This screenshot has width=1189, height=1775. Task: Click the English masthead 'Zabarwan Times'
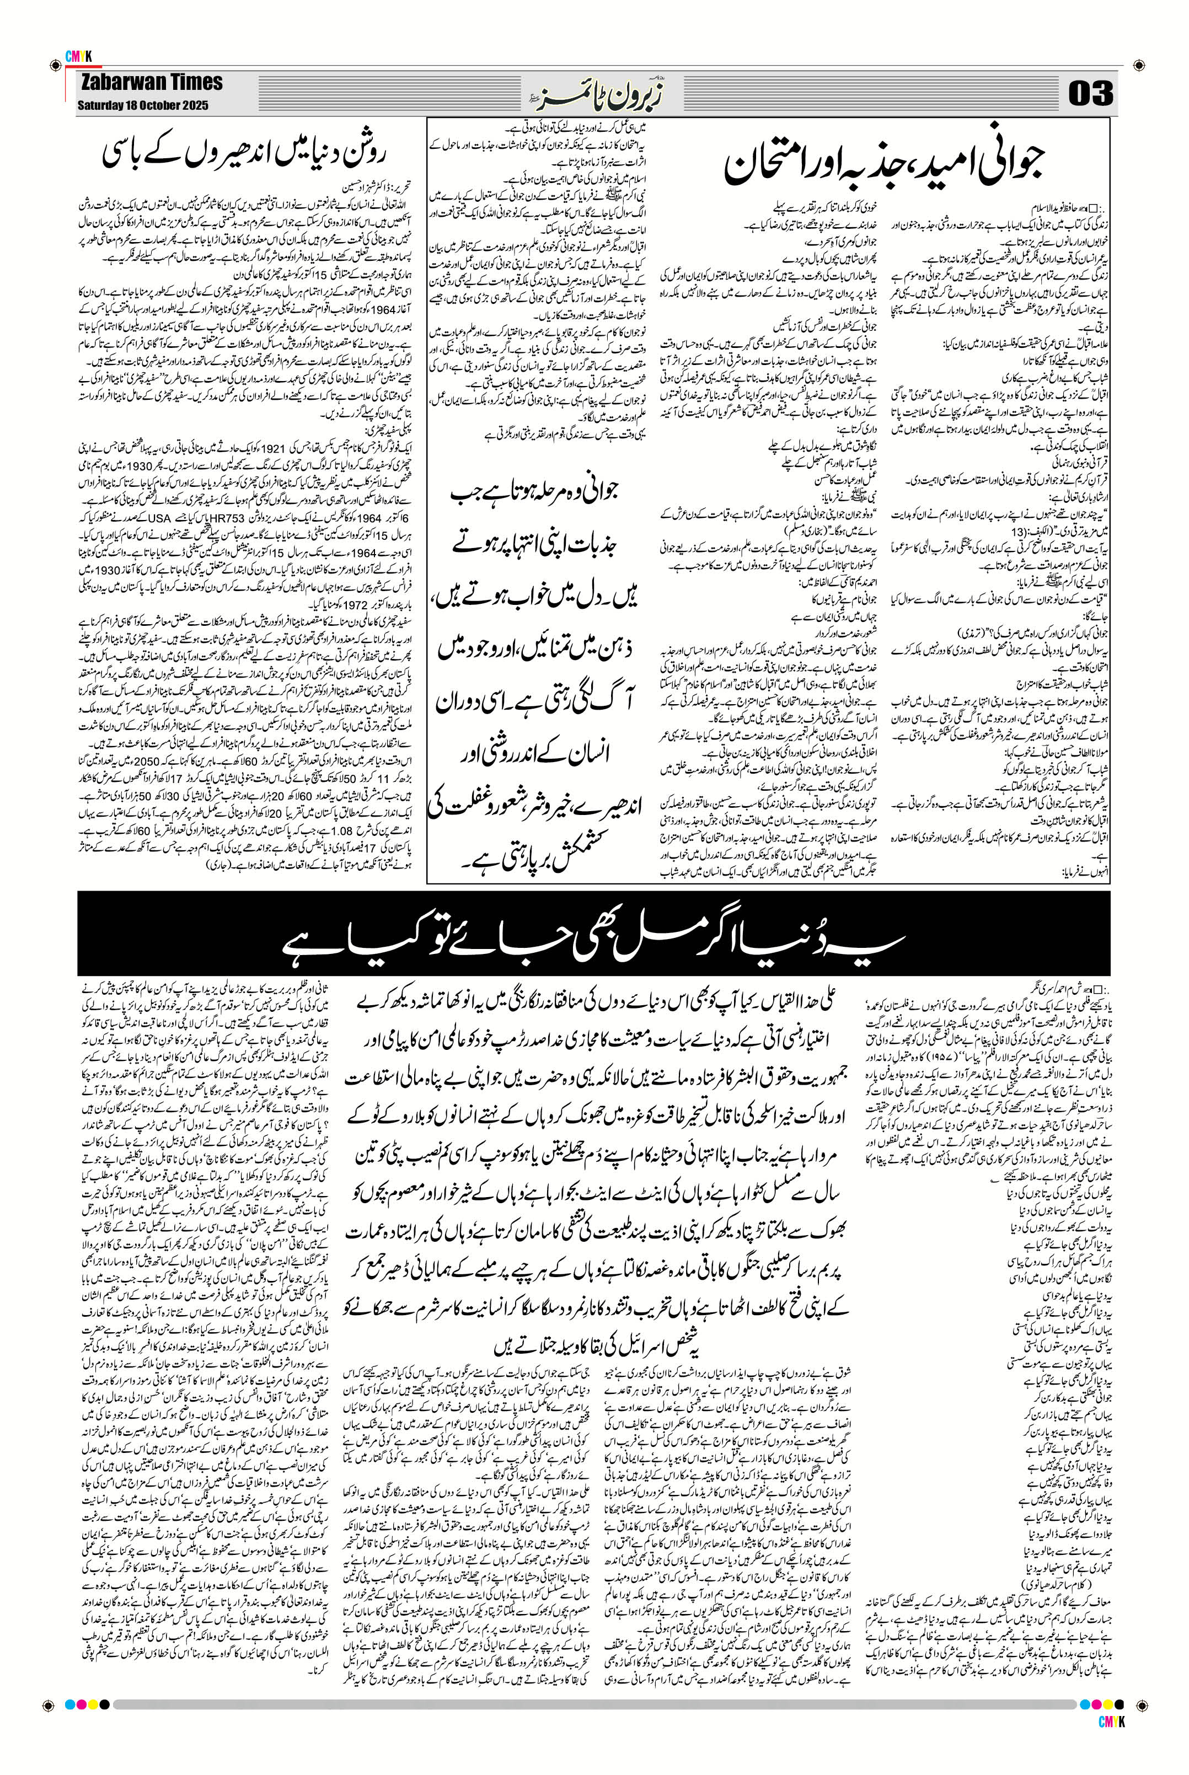tap(151, 83)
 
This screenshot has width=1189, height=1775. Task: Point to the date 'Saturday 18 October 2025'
tap(142, 105)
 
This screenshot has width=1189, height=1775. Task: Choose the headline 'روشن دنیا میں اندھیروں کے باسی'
tap(244, 154)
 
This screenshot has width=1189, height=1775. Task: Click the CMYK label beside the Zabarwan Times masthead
tap(78, 56)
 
